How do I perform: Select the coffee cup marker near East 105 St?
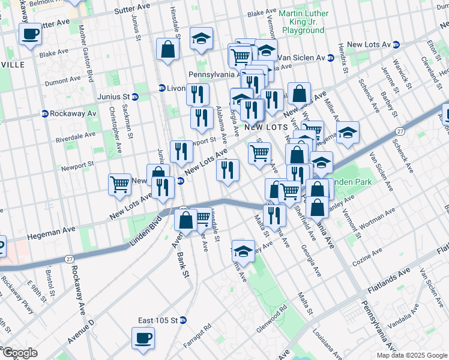point(143,338)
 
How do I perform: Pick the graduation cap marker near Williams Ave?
point(243,251)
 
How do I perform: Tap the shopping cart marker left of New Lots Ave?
point(119,185)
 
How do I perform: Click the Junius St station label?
point(113,96)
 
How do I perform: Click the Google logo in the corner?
point(20,353)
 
